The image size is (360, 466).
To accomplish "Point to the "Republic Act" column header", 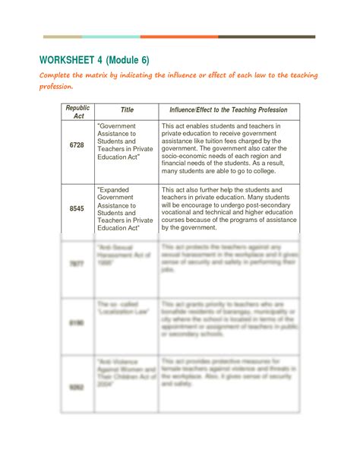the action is coord(77,111).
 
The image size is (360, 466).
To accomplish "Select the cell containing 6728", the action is coord(77,144).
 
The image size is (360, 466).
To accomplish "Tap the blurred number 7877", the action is coord(77,263).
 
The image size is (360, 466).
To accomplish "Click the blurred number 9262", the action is coord(77,386).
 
